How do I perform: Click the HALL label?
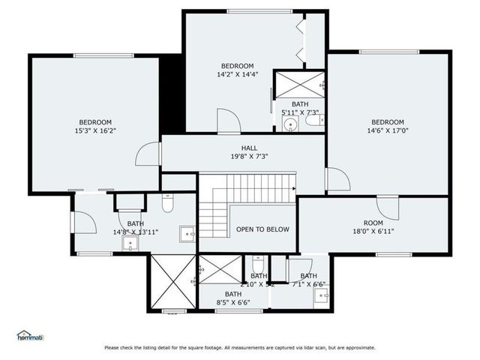pos(250,148)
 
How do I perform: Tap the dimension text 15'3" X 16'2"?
pos(95,130)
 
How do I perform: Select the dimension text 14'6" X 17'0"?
pos(388,130)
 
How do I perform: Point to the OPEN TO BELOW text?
pos(262,229)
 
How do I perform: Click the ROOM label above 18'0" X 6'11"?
pos(373,223)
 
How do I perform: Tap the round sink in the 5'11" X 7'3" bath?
pos(289,125)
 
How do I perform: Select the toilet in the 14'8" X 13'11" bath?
pos(168,202)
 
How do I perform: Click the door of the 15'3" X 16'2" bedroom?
pos(148,154)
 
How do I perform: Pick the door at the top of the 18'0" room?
pos(388,205)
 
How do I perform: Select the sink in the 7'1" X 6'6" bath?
pos(322,295)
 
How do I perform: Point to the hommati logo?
pos(29,335)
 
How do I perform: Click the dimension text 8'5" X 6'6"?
pos(232,303)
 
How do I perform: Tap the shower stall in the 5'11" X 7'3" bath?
pos(298,84)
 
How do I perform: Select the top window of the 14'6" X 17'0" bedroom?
pos(388,52)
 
